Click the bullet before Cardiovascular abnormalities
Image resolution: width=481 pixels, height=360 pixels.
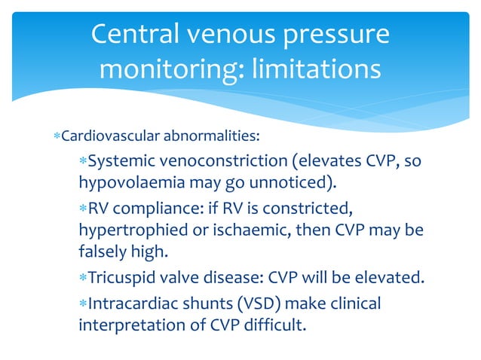click(x=57, y=137)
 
